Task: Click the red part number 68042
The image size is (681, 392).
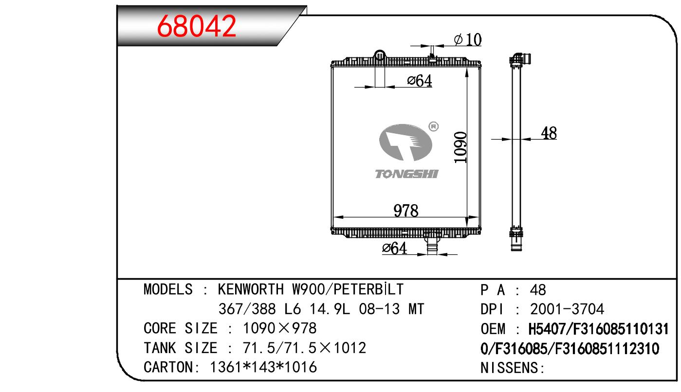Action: pos(196,26)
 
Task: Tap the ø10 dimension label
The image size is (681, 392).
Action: pos(468,39)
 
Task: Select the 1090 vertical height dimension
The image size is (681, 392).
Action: pos(460,147)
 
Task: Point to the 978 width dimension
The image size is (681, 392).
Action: pos(406,211)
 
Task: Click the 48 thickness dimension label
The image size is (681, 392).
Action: pos(549,133)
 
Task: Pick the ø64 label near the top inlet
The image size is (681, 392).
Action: pos(420,81)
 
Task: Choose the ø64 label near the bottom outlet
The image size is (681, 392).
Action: pos(394,248)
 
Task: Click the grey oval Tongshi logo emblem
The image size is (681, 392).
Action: pos(405,142)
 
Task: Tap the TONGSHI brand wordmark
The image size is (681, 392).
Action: pos(406,174)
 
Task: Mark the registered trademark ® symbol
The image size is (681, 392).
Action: pos(434,126)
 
